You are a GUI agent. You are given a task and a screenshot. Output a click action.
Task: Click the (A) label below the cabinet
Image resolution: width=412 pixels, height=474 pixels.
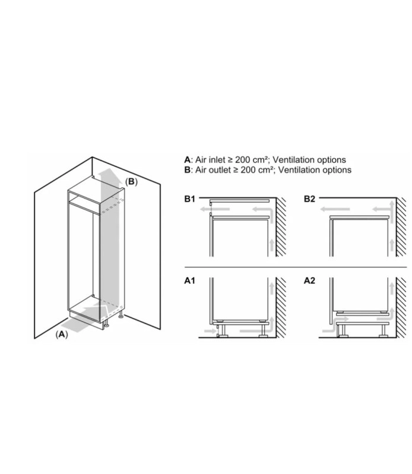62,334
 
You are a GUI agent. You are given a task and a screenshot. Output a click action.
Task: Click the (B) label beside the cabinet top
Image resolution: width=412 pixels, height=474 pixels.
131,182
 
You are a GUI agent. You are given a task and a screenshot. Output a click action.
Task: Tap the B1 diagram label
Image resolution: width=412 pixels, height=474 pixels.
189,199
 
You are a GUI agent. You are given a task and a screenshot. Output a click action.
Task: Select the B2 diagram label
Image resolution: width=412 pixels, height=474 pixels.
309,199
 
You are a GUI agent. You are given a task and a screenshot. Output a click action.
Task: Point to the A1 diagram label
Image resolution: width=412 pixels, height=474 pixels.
189,281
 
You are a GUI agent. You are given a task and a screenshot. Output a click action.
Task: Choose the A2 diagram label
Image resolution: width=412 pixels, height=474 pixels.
309,281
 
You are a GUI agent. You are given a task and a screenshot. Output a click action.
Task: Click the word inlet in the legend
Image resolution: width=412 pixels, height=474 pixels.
216,159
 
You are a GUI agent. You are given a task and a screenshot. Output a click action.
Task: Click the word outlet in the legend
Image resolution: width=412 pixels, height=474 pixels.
219,170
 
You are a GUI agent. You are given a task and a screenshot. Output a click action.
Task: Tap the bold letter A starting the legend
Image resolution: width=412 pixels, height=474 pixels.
188,159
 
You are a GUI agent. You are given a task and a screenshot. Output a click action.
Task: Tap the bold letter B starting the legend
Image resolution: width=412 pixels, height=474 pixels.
188,170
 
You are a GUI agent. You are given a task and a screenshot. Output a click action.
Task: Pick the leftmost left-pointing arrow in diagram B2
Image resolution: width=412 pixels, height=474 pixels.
335,209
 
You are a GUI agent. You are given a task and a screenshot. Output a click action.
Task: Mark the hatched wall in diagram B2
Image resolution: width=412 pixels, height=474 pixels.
401,227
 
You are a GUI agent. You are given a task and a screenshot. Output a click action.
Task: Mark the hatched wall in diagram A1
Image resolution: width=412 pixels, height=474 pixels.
281,308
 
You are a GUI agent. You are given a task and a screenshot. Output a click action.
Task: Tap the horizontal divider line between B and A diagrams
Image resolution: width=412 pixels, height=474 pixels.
296,267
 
